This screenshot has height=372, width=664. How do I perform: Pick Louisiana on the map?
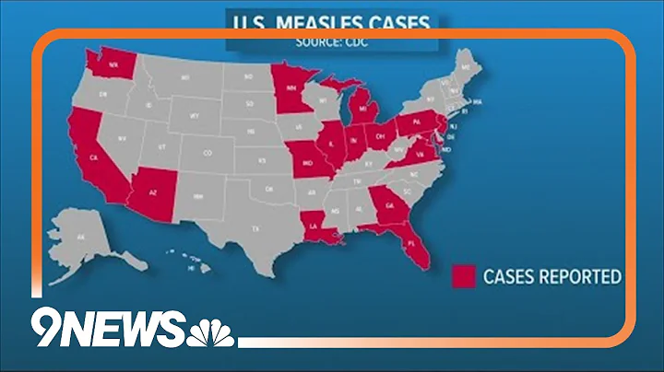point(317,227)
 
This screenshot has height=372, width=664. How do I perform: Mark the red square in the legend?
point(464,276)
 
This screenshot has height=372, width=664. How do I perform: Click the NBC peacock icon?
point(211,330)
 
